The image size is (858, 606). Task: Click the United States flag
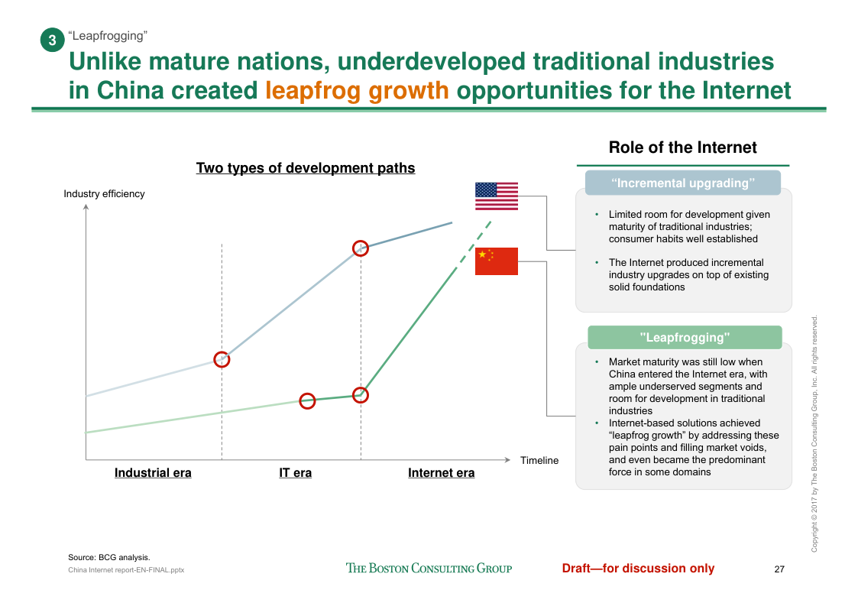tap(496, 196)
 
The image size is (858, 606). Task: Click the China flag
tap(496, 261)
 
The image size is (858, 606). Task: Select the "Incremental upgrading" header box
tap(682, 183)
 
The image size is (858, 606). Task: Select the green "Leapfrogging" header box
tap(684, 337)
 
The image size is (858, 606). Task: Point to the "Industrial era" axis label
tap(153, 473)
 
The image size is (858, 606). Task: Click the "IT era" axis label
tap(295, 473)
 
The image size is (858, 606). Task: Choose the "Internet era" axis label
tap(441, 473)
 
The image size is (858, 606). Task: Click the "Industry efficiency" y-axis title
tap(104, 194)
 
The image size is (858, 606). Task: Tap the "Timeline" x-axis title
tap(539, 461)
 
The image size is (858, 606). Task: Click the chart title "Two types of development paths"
tap(306, 168)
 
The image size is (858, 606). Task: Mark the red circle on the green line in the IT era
tap(307, 401)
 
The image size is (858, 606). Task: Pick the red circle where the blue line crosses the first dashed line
tap(222, 359)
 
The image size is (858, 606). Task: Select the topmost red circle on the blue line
tap(361, 248)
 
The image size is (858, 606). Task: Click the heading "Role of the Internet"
tap(682, 148)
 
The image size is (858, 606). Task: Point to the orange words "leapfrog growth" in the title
tap(357, 90)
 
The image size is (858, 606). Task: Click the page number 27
tap(779, 569)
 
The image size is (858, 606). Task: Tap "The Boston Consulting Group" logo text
tap(429, 569)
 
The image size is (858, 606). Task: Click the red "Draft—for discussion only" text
tap(638, 569)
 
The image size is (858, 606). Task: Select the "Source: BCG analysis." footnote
tap(109, 558)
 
